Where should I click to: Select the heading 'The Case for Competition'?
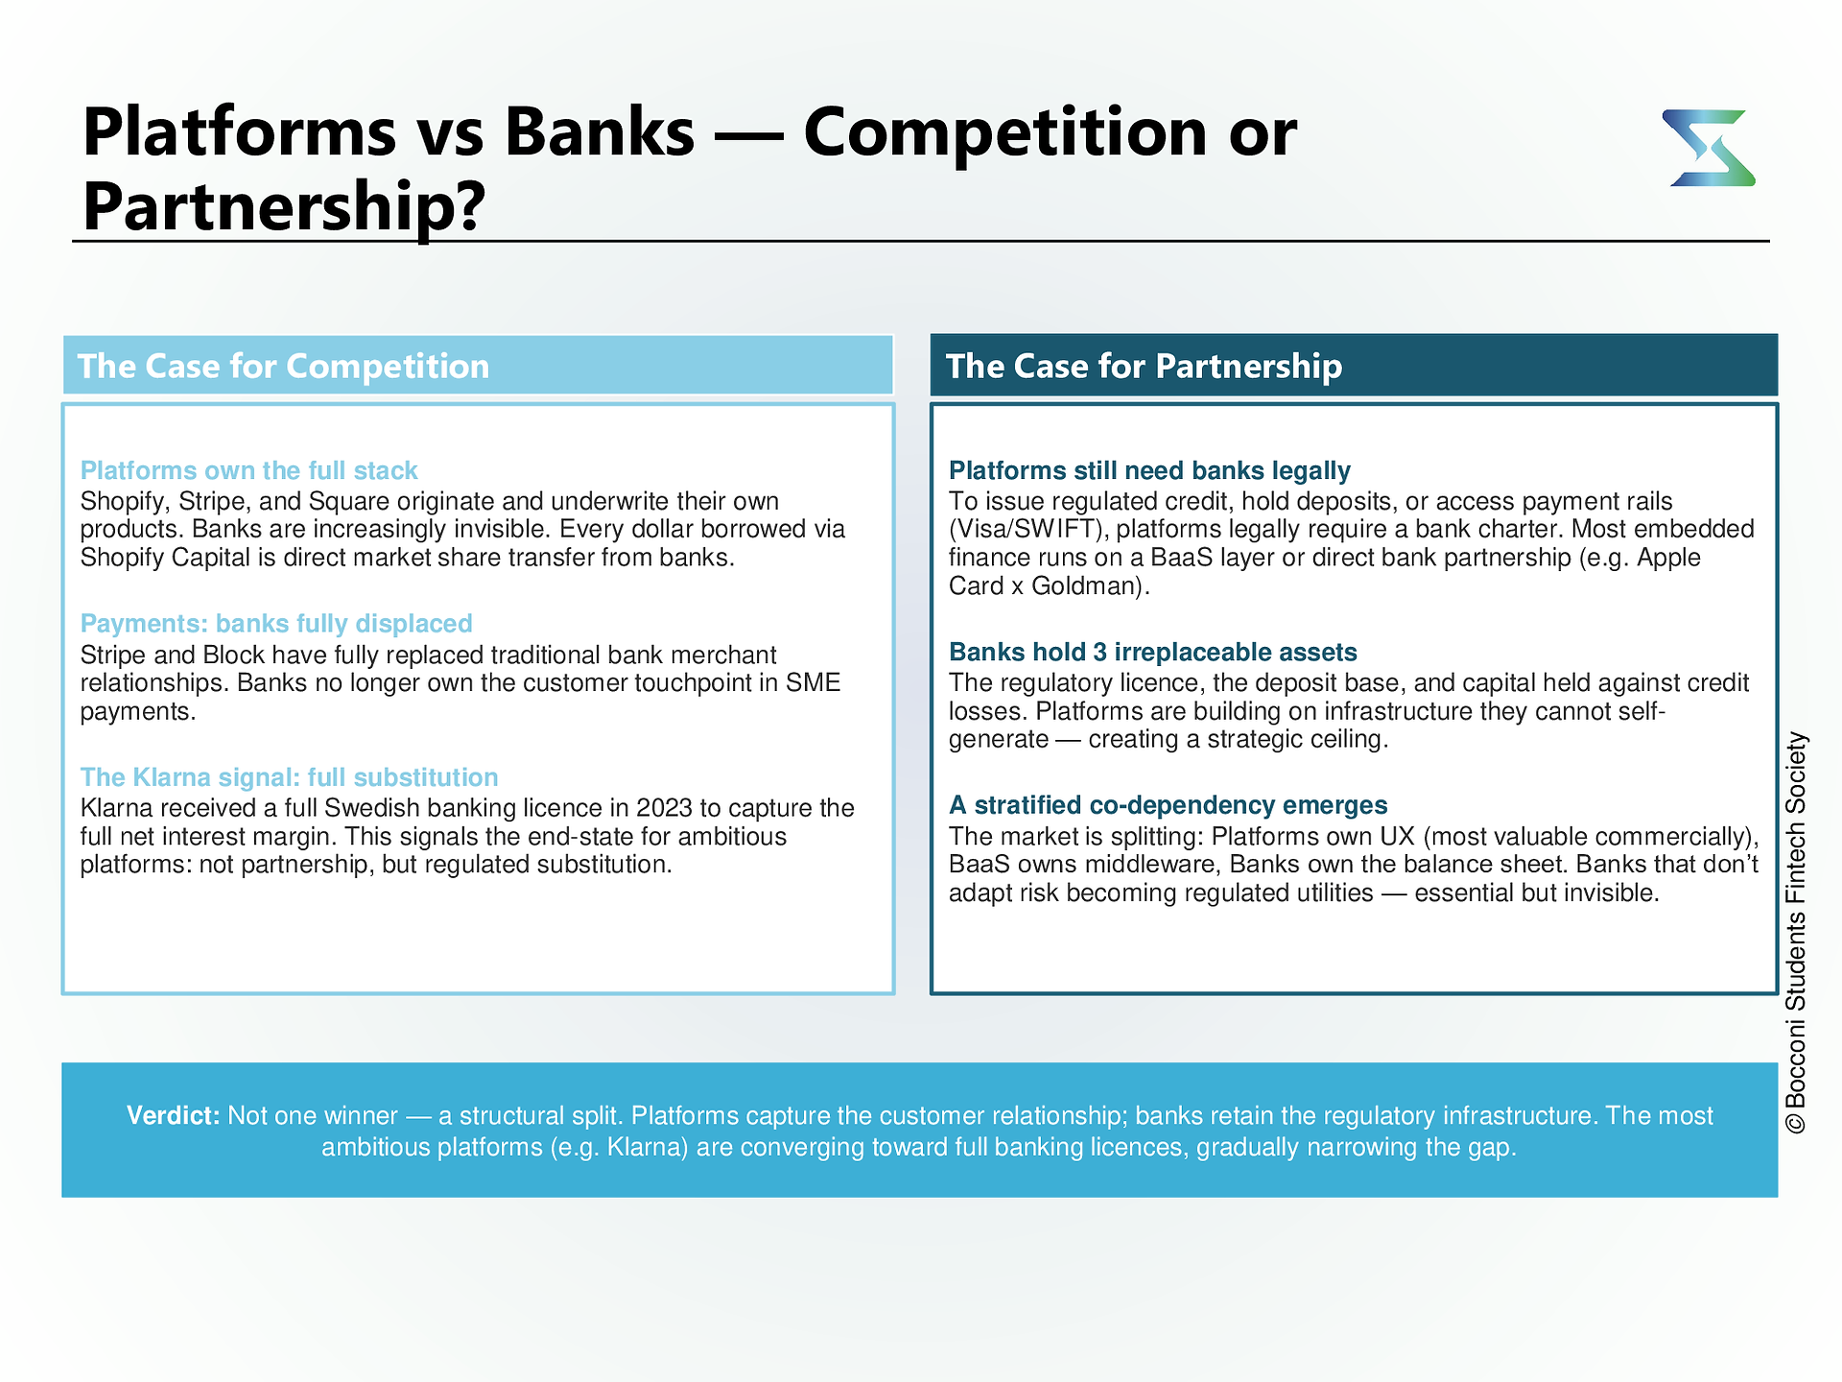pyautogui.click(x=283, y=366)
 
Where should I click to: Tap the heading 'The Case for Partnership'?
pyautogui.click(x=1144, y=366)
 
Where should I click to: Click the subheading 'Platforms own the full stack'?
pyautogui.click(x=248, y=470)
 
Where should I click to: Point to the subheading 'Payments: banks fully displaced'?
pyautogui.click(x=276, y=623)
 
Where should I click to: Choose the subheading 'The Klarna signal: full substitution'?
pyautogui.click(x=289, y=776)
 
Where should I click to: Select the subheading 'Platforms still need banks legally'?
pyautogui.click(x=1149, y=470)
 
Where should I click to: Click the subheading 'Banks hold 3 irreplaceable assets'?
pyautogui.click(x=1153, y=652)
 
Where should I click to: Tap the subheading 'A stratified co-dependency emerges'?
pyautogui.click(x=1169, y=804)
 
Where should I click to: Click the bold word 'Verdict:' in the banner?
pyautogui.click(x=174, y=1115)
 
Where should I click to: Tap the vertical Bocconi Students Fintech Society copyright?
pyautogui.click(x=1796, y=933)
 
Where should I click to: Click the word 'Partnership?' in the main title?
pyautogui.click(x=285, y=206)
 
